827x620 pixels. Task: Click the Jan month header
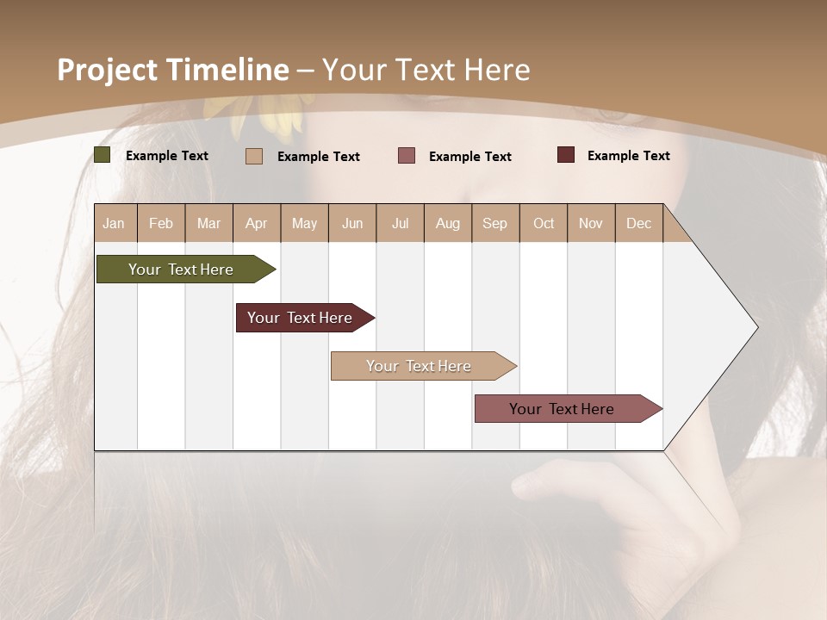point(115,223)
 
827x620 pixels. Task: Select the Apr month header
point(257,223)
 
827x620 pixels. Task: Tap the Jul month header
point(400,223)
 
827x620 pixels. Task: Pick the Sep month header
point(495,223)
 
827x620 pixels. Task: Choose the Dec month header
point(638,223)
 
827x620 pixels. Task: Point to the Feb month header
point(161,223)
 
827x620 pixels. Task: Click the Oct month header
point(544,223)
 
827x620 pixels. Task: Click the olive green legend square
point(103,155)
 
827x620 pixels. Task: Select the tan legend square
point(254,156)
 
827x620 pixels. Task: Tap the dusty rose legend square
point(407,156)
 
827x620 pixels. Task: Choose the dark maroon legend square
point(566,155)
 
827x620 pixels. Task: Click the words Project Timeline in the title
point(173,70)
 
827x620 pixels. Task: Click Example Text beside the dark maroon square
point(628,156)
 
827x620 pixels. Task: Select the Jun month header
point(352,223)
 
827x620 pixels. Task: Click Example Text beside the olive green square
point(166,156)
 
